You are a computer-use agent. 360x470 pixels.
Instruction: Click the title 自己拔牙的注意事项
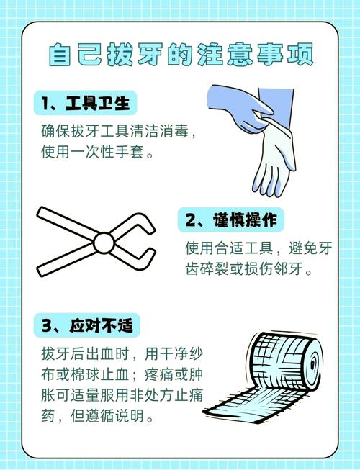(x=180, y=55)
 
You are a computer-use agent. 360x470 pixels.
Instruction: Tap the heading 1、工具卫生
(x=86, y=104)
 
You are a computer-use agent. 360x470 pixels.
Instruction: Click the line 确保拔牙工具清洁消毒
(x=119, y=132)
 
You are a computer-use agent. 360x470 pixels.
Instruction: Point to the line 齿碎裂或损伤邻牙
(x=248, y=271)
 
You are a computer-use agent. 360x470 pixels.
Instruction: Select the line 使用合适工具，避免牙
(x=257, y=249)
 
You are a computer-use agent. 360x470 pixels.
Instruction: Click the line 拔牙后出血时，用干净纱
(x=123, y=354)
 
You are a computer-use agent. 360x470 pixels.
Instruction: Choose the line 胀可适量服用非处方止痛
(x=123, y=396)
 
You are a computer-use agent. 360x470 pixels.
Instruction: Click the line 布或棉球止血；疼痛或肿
(x=123, y=375)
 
